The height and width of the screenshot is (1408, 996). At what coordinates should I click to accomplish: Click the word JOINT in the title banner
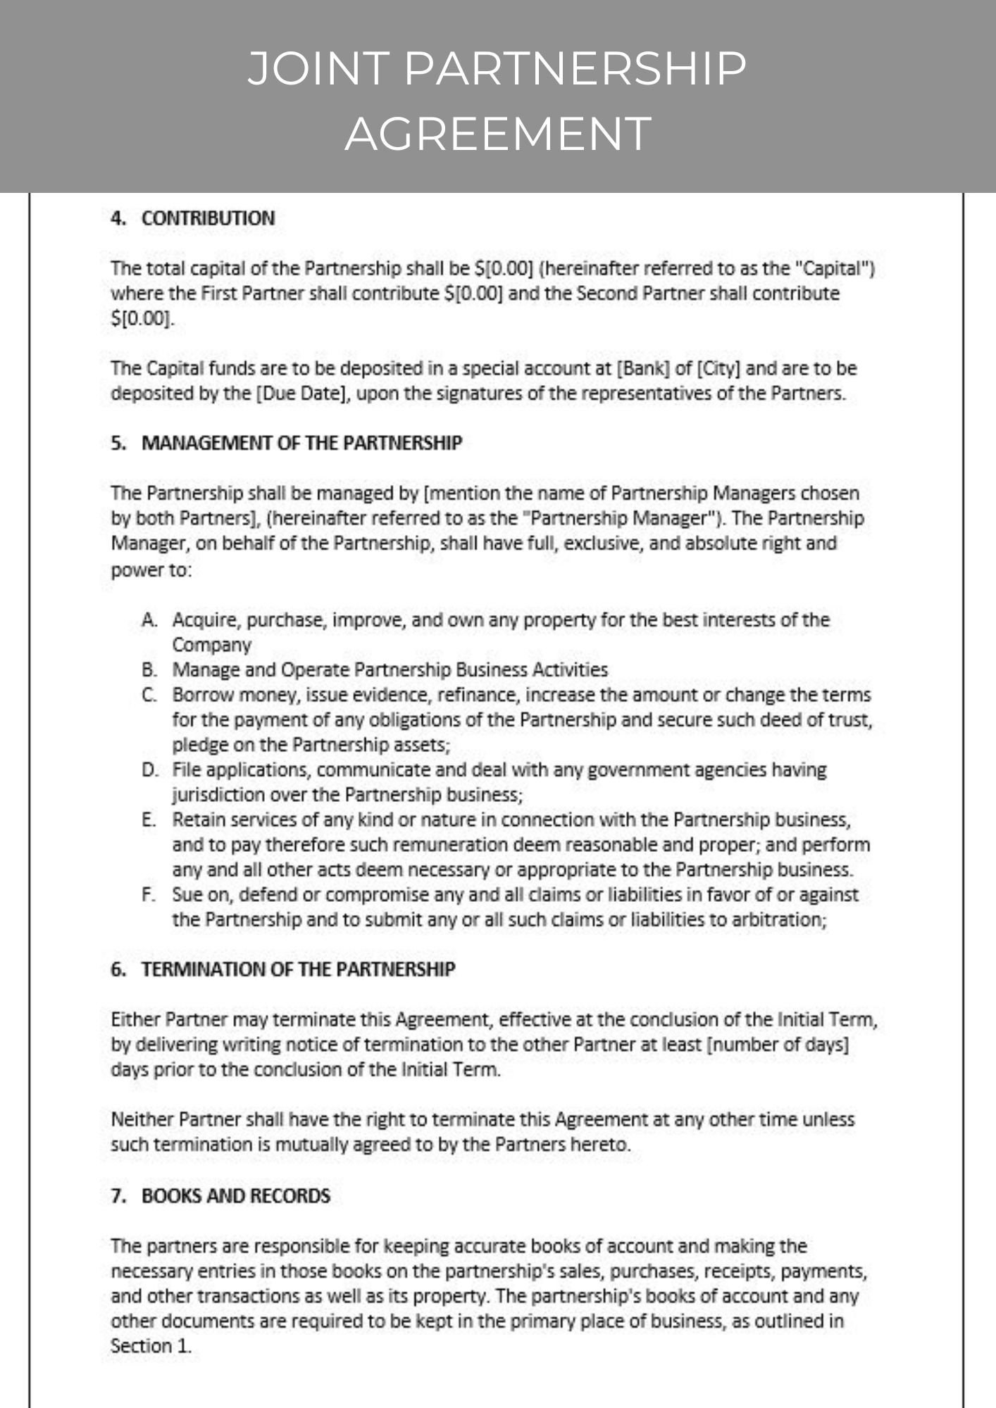pos(318,69)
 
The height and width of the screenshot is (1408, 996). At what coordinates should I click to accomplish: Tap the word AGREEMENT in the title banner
pos(497,133)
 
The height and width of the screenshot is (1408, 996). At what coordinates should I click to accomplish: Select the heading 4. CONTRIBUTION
pos(192,218)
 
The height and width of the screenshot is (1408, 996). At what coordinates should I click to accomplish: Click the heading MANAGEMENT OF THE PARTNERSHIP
pos(301,443)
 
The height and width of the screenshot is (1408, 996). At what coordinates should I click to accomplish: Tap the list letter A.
pos(148,620)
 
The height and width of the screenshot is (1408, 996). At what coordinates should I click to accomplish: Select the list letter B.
pos(148,670)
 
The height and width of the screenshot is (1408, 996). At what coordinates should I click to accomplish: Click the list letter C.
pos(148,695)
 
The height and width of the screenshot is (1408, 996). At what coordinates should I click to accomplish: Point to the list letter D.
pos(149,769)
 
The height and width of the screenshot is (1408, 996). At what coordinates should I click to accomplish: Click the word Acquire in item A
pos(206,620)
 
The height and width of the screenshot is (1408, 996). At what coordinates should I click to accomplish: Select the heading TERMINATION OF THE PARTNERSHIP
pos(298,969)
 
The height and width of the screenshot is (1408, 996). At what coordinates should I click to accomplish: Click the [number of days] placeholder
pos(777,1045)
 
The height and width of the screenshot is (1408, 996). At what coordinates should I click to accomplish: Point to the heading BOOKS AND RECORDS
pos(235,1196)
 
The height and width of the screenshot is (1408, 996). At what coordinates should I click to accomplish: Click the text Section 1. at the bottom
pos(151,1346)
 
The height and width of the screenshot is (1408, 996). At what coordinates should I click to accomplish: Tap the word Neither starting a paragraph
pos(142,1119)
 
